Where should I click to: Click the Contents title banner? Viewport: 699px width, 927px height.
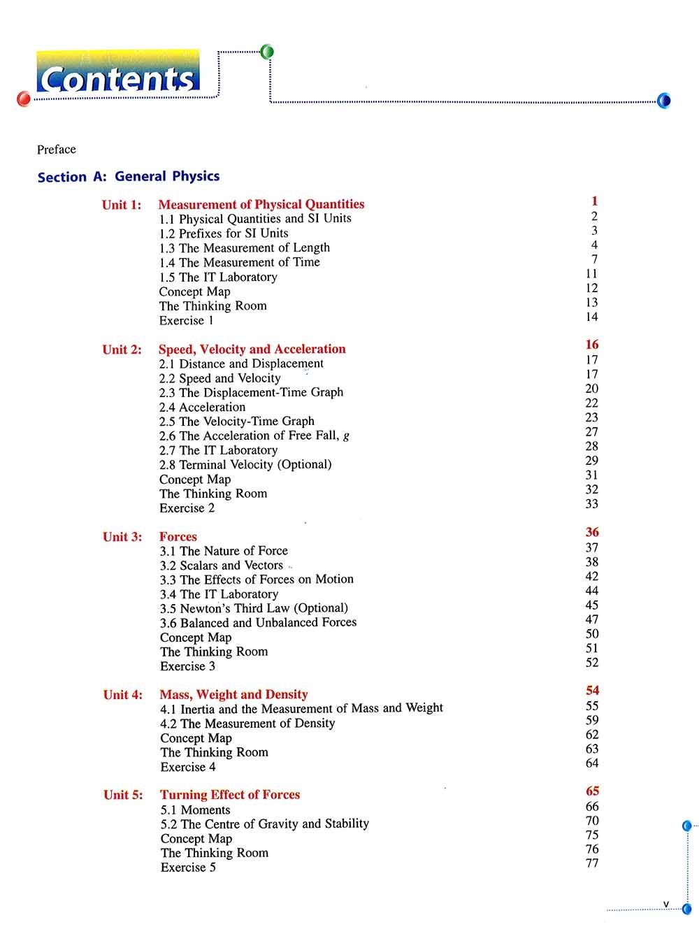118,78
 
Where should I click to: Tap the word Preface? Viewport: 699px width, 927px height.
57,150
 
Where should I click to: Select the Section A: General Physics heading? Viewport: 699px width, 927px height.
129,177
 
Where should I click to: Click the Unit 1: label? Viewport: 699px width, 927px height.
122,205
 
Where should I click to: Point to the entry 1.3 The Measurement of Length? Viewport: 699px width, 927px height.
244,247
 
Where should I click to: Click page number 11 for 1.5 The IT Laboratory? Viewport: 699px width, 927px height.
592,274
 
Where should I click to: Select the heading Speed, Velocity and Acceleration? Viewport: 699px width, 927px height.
252,349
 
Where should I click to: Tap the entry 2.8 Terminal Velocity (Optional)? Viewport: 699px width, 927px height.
245,464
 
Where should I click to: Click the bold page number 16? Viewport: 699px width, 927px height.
592,345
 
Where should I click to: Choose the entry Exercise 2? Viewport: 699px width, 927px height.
187,508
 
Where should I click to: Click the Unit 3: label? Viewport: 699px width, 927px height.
122,537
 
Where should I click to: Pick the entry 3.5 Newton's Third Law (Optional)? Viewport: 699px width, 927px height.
254,608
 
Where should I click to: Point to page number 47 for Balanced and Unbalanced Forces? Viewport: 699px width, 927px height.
592,619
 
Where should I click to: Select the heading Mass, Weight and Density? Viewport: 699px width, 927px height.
233,694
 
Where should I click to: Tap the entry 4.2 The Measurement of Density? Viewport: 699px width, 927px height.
247,724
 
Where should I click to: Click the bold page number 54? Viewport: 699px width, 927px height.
593,691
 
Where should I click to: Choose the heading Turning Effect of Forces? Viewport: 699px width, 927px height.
230,795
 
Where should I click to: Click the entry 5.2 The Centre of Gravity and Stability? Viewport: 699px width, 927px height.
264,824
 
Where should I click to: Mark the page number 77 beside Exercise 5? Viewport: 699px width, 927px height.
592,863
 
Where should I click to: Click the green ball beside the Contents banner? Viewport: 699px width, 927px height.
266,52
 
